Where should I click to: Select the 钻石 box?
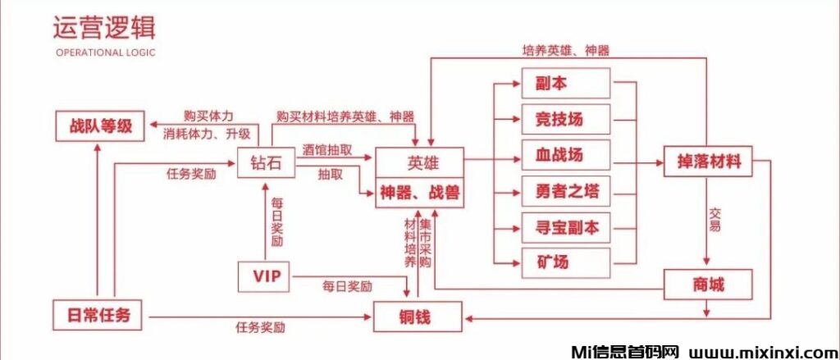(x=265, y=163)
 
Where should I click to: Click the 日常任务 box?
(x=98, y=314)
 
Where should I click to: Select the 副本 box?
(x=566, y=84)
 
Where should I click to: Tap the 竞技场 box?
(x=566, y=120)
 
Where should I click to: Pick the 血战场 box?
(x=566, y=155)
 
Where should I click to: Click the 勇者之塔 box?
(x=566, y=192)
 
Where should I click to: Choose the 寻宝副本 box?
(x=566, y=227)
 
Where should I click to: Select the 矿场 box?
(x=566, y=262)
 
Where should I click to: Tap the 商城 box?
(x=707, y=285)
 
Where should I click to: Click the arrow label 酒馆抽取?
(x=327, y=150)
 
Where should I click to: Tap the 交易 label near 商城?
(x=714, y=220)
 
